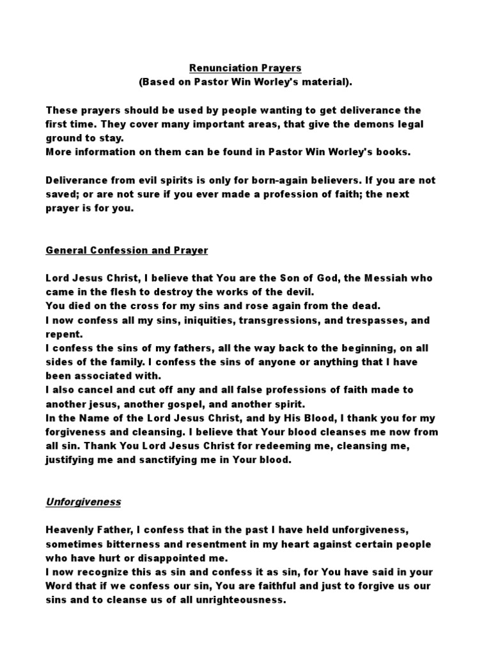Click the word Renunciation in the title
(x=216, y=68)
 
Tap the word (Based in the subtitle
(x=157, y=83)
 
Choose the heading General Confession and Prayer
(x=127, y=250)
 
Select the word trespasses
(x=361, y=320)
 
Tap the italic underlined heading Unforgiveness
(x=83, y=502)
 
